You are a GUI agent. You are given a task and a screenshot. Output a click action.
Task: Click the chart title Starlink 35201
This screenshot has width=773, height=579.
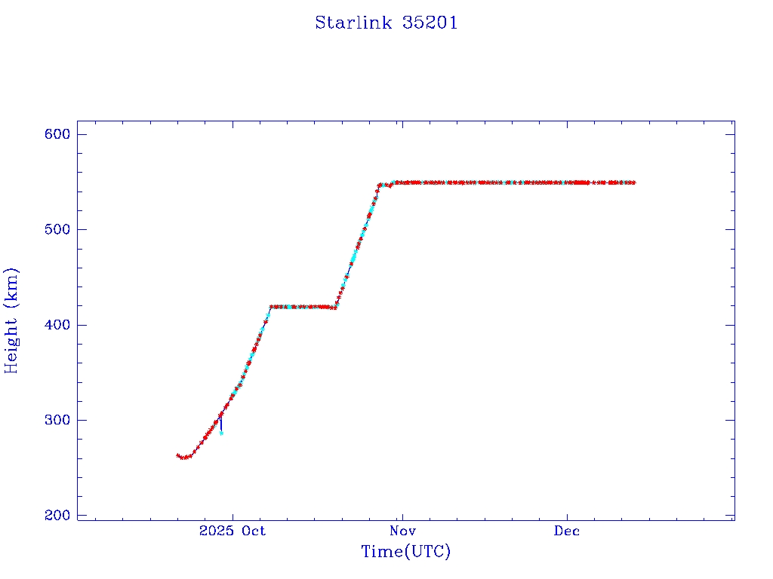386,23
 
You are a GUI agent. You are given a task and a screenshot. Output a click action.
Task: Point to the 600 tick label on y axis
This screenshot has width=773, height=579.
57,134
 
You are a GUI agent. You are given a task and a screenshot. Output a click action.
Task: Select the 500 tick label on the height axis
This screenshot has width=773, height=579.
57,229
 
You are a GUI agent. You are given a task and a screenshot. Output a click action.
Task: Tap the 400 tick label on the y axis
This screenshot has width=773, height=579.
57,325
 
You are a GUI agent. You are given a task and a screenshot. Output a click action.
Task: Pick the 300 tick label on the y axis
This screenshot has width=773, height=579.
57,420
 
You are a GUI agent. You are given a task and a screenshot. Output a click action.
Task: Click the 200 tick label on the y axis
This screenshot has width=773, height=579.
57,516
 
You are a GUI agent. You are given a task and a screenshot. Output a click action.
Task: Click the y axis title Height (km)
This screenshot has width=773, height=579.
11,320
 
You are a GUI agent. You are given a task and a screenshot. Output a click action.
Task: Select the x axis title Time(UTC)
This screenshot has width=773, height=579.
405,552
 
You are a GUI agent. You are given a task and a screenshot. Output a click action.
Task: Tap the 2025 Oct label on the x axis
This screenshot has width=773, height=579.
233,532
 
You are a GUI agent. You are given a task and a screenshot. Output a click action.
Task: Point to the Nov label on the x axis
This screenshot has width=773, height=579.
402,532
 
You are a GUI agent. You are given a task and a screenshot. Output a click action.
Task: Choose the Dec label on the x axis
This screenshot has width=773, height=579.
567,532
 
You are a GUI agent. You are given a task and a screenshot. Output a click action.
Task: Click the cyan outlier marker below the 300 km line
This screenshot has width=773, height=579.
221,433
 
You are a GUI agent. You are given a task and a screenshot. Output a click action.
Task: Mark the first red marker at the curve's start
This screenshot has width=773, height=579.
178,455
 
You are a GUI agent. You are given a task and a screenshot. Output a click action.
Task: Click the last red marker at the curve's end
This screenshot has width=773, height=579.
633,182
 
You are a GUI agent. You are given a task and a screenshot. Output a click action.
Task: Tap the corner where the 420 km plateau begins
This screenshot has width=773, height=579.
271,307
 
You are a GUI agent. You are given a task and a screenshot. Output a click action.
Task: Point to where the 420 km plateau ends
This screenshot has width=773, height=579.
335,307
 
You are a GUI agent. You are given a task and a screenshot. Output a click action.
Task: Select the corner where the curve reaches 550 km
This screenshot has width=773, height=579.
380,185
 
